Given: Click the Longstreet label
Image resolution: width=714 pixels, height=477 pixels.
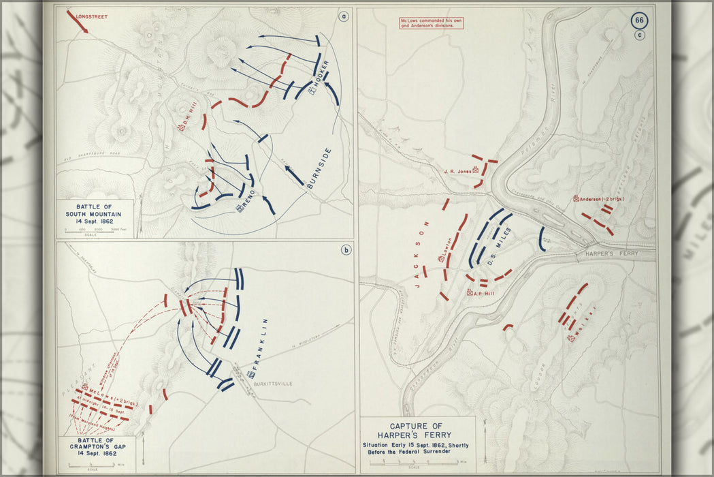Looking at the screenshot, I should click(92, 15).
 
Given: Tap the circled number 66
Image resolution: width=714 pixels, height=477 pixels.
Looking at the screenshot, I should click(638, 20).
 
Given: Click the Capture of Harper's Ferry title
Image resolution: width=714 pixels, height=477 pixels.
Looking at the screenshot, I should click(418, 431).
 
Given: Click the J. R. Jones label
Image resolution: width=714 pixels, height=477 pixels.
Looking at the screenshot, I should click(457, 171).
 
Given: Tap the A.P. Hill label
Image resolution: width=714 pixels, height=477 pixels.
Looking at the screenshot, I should click(483, 292).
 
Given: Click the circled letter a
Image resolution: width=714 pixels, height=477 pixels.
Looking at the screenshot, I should click(344, 17).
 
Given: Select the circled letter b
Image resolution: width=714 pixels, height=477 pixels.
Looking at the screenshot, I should click(346, 250).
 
